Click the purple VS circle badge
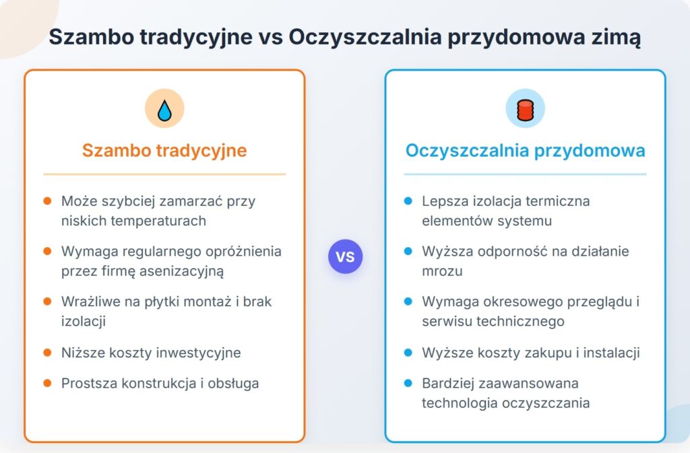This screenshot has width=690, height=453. [346, 256]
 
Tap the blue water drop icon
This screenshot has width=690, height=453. [164, 110]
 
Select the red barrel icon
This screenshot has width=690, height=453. [525, 110]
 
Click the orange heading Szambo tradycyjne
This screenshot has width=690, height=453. [164, 150]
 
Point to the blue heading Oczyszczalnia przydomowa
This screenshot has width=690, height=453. [525, 150]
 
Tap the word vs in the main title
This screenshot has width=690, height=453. [271, 37]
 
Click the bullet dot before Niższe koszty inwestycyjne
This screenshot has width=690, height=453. [48, 353]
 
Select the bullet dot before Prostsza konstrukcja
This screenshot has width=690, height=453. [48, 383]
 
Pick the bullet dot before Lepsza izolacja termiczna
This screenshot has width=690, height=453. [408, 201]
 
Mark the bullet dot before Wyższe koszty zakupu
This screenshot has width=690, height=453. [408, 353]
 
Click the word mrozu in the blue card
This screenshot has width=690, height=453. [442, 271]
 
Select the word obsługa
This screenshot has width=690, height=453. [233, 384]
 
